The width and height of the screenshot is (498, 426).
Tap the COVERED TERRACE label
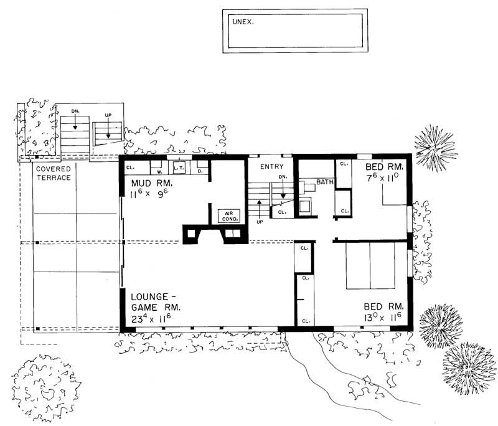click(x=53, y=173)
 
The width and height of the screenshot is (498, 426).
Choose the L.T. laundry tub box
click(x=179, y=168)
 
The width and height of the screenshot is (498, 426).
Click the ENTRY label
click(x=272, y=166)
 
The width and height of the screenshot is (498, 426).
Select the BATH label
click(x=326, y=182)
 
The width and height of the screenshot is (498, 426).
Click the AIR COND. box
click(x=226, y=215)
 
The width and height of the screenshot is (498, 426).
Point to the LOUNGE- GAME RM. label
click(x=156, y=303)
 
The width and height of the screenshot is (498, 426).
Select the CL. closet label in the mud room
click(x=131, y=168)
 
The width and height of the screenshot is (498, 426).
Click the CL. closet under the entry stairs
click(x=282, y=212)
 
